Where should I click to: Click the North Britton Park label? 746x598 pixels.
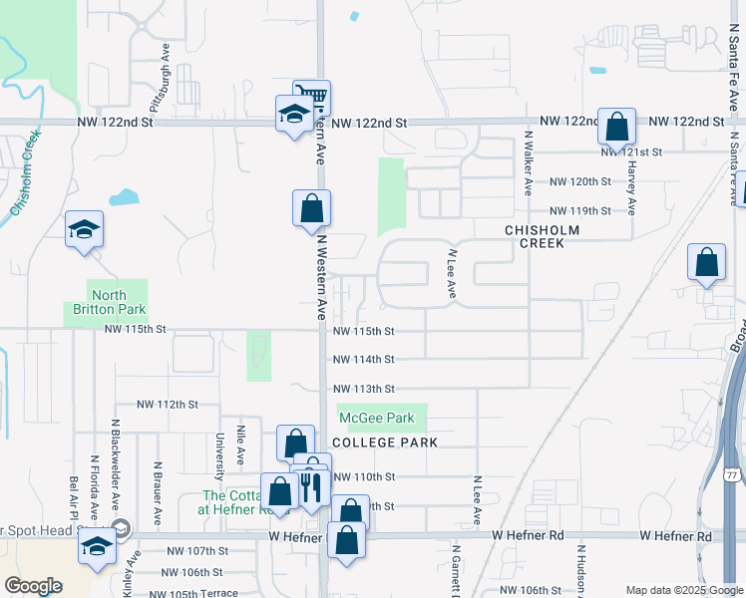pos(96,302)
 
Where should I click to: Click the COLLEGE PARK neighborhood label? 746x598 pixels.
pos(385,442)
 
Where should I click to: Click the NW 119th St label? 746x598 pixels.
pos(579,211)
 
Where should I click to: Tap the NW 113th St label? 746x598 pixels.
pos(363,389)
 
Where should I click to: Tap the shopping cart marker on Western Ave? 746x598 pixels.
pos(312,97)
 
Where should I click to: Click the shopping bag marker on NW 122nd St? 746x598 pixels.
pos(616,127)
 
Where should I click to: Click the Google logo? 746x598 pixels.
pos(33,586)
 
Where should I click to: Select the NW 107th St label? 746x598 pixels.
pos(196,551)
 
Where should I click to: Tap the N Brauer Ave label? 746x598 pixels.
pos(158,493)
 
